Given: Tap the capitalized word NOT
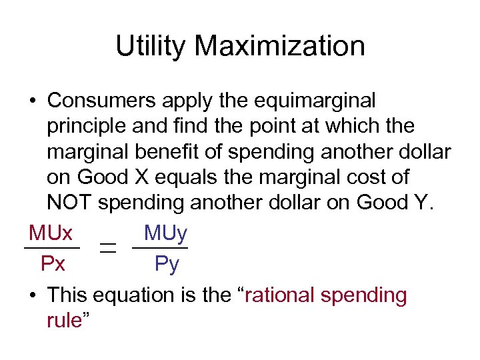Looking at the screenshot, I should click(69, 203).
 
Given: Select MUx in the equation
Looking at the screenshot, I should click(51, 233).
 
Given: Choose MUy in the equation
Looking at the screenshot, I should click(165, 233).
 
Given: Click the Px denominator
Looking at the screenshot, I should click(53, 265).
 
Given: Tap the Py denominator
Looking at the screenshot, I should click(167, 265).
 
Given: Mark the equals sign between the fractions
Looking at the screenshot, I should click(106, 248).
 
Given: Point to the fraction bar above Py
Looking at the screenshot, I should click(160, 248).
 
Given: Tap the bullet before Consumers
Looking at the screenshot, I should click(32, 102).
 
